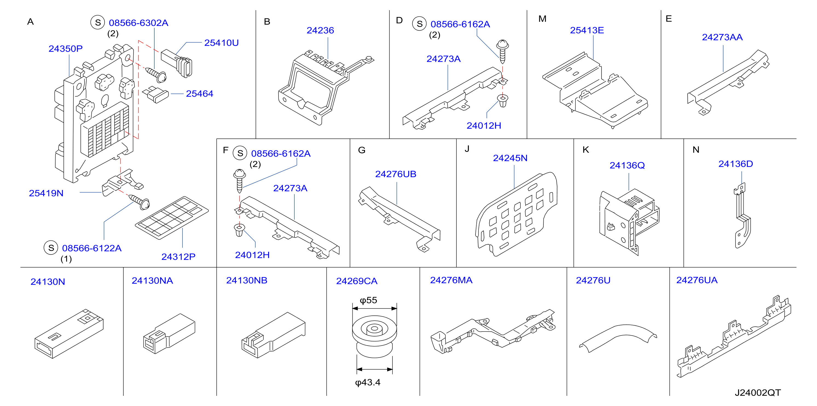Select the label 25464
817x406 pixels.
tap(199, 94)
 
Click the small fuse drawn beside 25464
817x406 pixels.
tap(155, 94)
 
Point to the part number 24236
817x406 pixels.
tap(320, 30)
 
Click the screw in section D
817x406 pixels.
tap(502, 51)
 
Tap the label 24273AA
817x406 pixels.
tap(722, 37)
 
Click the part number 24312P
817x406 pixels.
tap(178, 257)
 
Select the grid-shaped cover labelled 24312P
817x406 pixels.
tap(172, 217)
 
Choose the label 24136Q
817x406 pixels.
tap(627, 165)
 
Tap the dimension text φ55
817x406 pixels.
tap(368, 300)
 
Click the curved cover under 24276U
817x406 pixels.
tap(618, 338)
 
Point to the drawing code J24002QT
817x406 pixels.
tap(758, 393)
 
